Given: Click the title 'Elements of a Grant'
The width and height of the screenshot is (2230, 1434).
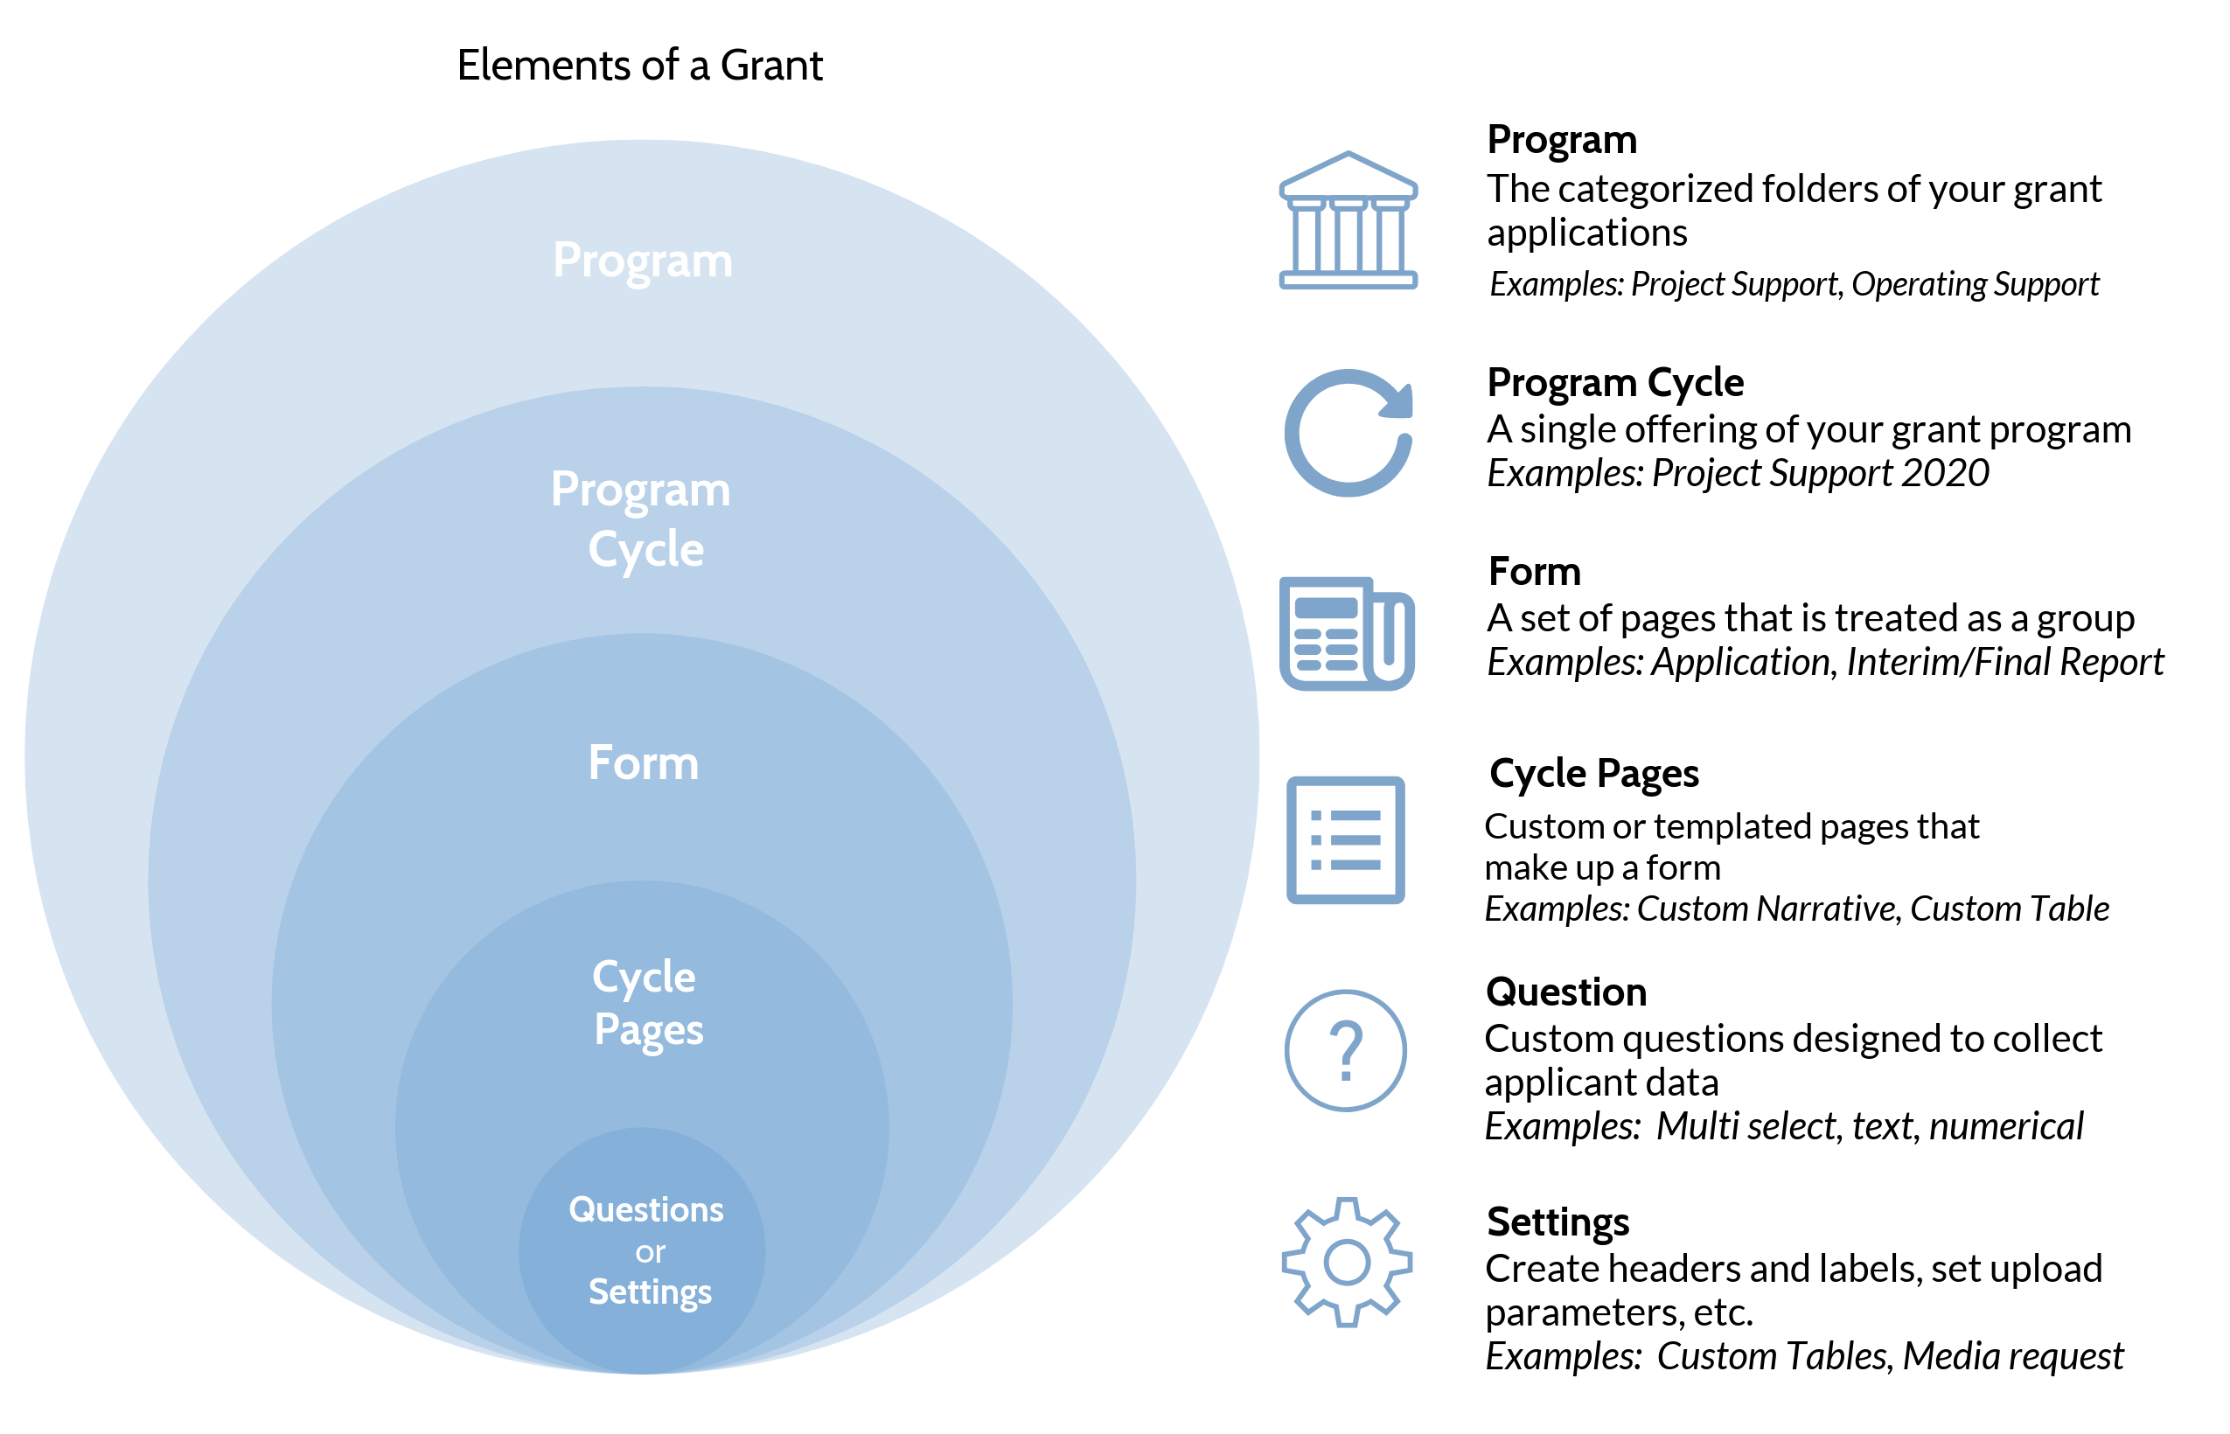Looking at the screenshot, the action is click(639, 66).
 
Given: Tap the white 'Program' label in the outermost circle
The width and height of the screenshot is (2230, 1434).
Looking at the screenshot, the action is click(643, 260).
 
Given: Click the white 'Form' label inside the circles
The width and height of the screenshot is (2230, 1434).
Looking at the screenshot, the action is click(644, 762).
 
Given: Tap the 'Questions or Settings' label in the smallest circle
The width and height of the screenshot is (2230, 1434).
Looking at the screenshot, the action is click(647, 1250).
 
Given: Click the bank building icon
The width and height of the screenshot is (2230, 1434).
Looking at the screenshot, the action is click(1348, 219).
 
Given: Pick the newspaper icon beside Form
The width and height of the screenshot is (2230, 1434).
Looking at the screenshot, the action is click(1347, 633).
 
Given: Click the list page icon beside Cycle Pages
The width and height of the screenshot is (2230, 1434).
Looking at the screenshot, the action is click(1346, 840).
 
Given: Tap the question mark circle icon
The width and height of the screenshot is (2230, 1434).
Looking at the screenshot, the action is click(1346, 1050).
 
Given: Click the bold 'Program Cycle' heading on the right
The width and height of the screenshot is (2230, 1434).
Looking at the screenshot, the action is click(1615, 383).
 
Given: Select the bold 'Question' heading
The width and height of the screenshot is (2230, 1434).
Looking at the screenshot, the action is click(1566, 992).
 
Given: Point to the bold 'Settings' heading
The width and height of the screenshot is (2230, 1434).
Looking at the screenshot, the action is click(1558, 1222).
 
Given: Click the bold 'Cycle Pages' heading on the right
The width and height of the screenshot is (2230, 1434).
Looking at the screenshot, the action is click(1594, 774).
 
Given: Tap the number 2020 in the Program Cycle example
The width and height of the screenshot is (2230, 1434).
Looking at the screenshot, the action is click(1945, 473).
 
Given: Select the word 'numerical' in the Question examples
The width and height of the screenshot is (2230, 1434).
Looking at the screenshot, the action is click(2005, 1127).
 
